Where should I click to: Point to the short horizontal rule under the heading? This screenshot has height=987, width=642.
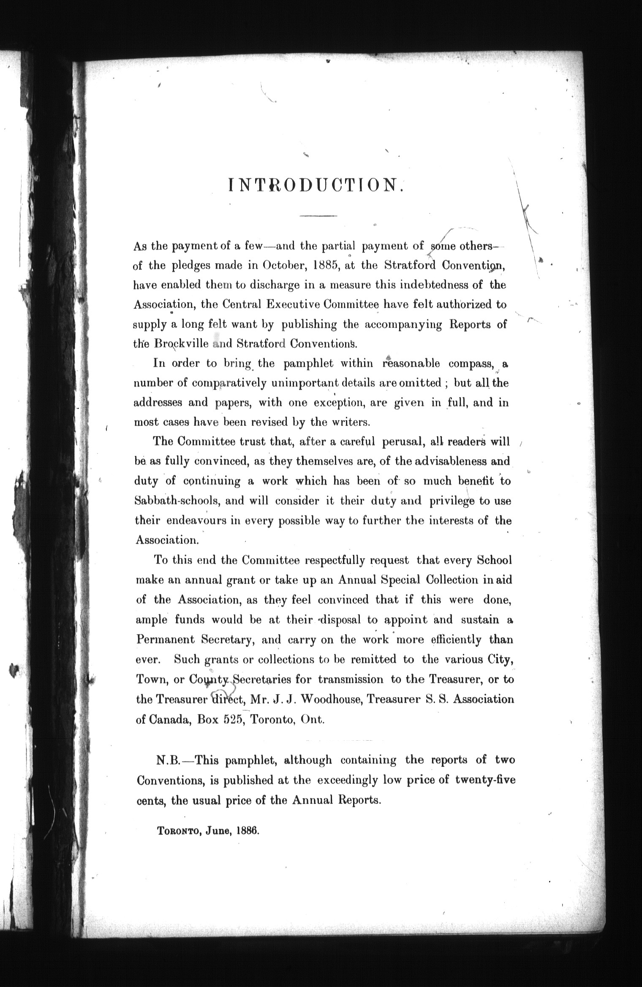coord(318,217)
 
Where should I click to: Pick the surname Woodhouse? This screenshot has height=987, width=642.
coord(330,699)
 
